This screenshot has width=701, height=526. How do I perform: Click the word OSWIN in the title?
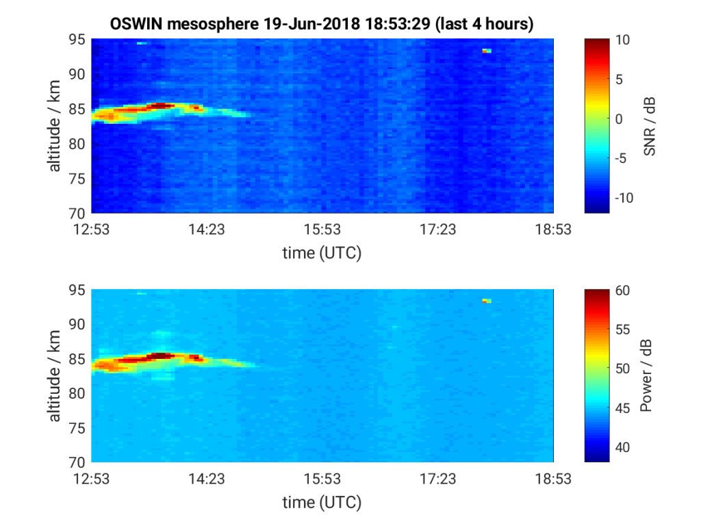click(136, 23)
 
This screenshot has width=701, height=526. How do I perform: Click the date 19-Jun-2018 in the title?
click(311, 23)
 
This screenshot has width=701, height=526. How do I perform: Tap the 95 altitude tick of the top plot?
click(77, 39)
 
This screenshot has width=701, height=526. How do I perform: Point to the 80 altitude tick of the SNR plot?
click(77, 144)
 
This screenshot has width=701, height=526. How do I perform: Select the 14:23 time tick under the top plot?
click(207, 229)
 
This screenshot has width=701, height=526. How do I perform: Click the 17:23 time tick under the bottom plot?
click(437, 479)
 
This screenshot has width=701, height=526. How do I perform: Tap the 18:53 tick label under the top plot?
click(553, 229)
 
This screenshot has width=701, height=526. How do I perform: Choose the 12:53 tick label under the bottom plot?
click(91, 479)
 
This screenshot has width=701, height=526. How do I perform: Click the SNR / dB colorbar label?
click(650, 126)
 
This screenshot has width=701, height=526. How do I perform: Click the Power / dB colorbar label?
click(646, 376)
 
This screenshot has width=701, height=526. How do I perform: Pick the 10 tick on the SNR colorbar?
click(622, 40)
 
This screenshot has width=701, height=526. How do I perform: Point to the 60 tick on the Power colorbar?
click(622, 290)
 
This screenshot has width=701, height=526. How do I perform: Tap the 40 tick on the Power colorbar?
click(622, 447)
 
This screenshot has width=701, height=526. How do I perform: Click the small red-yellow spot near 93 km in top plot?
click(487, 51)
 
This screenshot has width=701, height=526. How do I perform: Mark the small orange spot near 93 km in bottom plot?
click(487, 301)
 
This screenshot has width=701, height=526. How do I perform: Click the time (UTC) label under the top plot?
click(322, 253)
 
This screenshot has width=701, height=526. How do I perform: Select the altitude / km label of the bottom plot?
click(54, 376)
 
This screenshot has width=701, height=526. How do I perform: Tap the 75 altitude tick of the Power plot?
click(77, 428)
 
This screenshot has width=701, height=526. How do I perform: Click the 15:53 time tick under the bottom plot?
click(322, 479)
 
